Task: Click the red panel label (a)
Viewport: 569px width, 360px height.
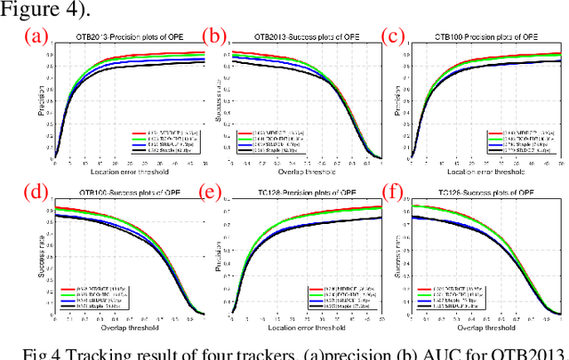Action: coord(36,37)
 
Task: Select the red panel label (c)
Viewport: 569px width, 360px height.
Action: coord(395,36)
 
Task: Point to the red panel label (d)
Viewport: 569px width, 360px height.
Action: coord(36,190)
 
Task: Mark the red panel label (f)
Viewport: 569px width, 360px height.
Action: coord(395,190)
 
